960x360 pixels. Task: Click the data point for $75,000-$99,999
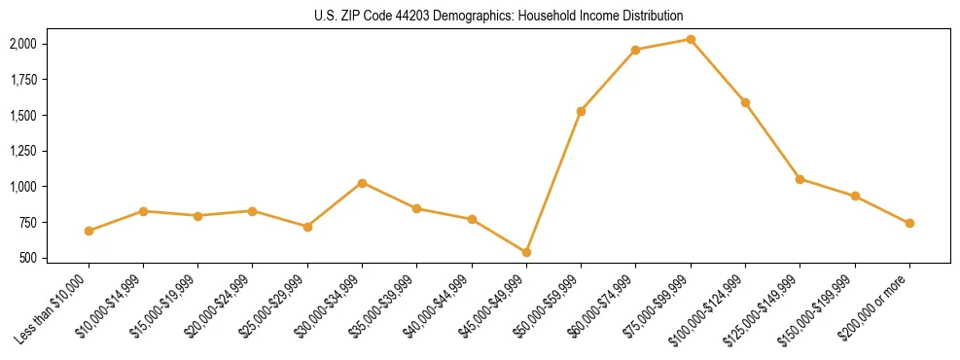pos(691,39)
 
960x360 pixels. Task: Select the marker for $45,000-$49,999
pos(526,252)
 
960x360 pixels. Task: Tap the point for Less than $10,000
pos(89,231)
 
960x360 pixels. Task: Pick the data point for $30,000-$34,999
pos(362,183)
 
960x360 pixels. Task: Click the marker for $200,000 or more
pos(909,223)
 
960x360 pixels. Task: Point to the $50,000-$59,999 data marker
pos(581,111)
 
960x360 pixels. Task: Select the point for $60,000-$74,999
pos(635,50)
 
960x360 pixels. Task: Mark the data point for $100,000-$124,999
pos(745,102)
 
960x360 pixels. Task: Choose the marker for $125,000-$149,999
pos(800,179)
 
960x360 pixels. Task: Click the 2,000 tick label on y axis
pos(23,44)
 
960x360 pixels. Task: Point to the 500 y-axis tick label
pos(28,258)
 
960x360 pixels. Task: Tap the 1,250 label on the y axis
pos(23,151)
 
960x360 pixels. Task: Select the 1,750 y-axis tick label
pos(23,80)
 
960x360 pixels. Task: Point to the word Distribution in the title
pos(652,17)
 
